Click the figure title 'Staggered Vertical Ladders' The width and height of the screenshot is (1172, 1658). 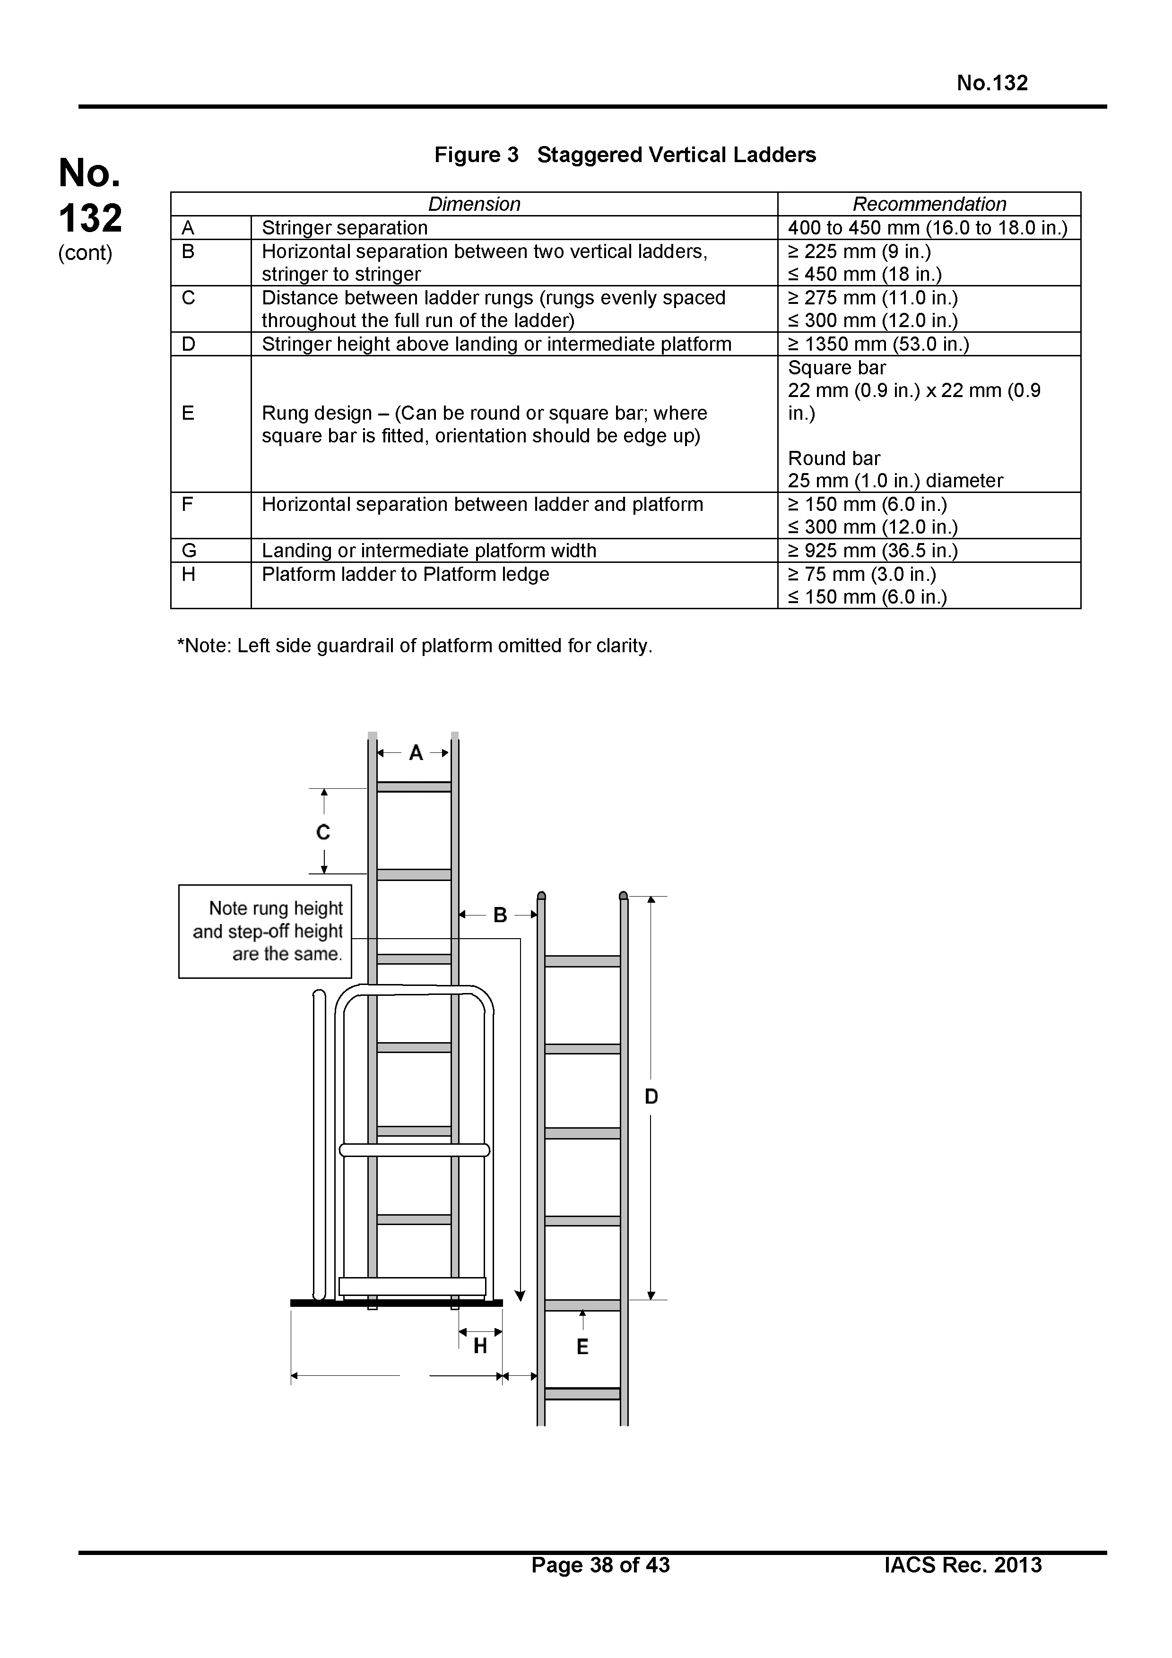coord(676,155)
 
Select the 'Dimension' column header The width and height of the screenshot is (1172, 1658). coord(474,204)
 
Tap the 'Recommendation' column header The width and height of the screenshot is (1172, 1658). coord(929,204)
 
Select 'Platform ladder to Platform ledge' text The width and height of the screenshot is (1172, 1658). coord(405,574)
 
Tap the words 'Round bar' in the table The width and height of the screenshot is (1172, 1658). coord(834,458)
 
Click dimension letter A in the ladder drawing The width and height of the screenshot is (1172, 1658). coord(416,753)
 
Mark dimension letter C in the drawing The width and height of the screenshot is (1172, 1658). coord(323,833)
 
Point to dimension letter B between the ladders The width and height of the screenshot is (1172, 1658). coord(500,915)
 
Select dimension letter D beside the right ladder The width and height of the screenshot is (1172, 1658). coord(651,1097)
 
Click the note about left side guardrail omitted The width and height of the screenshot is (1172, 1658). coord(415,646)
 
